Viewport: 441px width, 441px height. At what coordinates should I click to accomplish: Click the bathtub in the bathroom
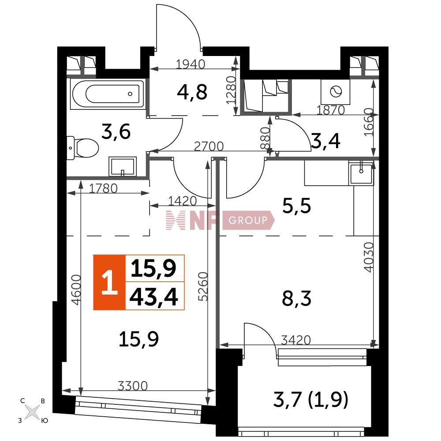[108, 94]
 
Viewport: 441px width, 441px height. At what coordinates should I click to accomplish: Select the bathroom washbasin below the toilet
[122, 167]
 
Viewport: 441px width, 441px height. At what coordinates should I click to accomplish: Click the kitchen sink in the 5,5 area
[361, 173]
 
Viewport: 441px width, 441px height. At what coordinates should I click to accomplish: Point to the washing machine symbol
[336, 92]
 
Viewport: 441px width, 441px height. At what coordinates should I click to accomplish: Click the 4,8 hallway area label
[192, 92]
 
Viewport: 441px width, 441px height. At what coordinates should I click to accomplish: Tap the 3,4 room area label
[326, 141]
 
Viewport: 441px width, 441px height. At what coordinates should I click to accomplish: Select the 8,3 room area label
[296, 299]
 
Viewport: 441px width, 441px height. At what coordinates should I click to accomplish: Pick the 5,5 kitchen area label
[296, 206]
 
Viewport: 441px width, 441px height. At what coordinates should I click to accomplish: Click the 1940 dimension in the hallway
[191, 64]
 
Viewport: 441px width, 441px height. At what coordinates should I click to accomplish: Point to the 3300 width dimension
[132, 386]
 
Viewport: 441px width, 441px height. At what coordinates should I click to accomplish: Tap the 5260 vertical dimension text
[203, 287]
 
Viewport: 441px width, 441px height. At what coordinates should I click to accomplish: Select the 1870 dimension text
[330, 110]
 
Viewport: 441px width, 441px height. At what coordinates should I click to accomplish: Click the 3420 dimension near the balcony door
[296, 340]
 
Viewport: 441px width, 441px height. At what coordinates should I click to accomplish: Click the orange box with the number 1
[109, 282]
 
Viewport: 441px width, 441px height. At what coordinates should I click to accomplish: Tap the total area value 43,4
[153, 297]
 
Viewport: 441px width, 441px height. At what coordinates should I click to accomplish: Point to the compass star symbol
[32, 412]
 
